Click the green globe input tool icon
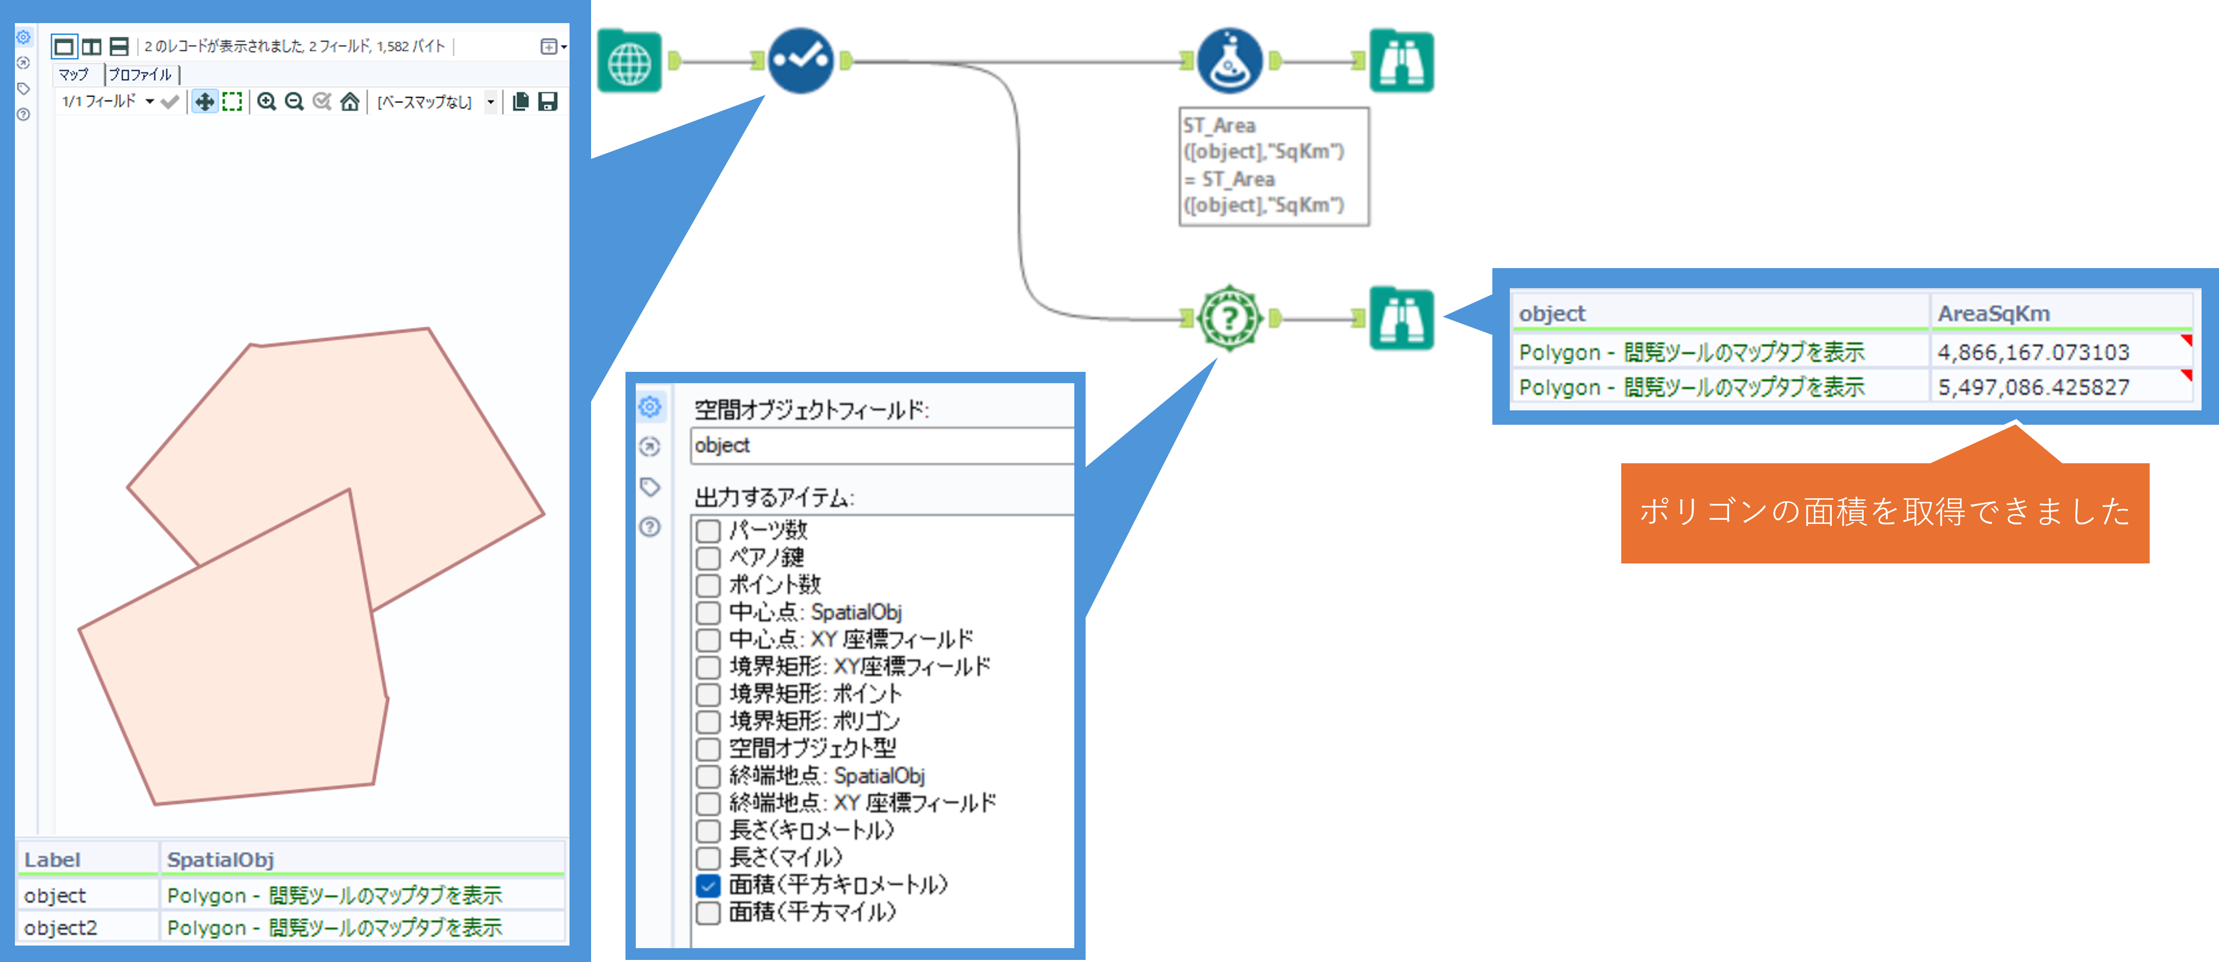click(x=630, y=61)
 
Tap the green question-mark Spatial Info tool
click(x=1229, y=318)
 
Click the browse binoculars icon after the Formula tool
click(x=1401, y=61)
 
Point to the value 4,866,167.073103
click(x=2033, y=352)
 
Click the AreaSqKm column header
click(x=1994, y=313)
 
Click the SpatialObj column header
click(x=220, y=859)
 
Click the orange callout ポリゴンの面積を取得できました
click(x=1884, y=513)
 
